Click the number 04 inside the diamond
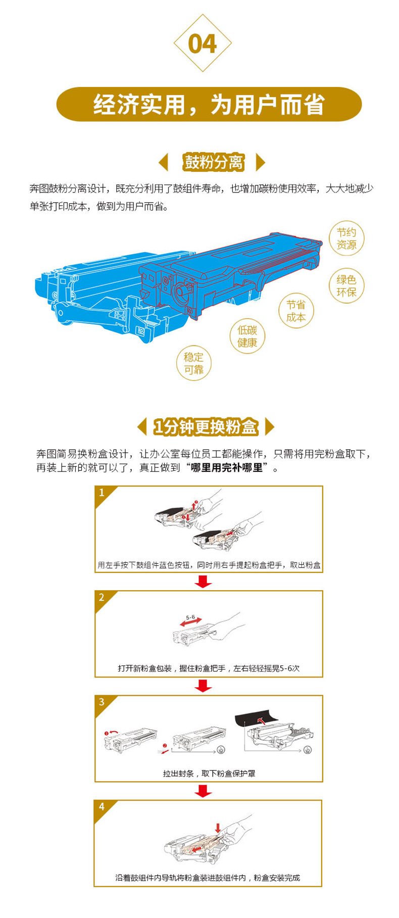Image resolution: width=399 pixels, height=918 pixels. (x=202, y=44)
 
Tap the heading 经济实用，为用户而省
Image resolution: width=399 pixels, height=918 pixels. (x=209, y=105)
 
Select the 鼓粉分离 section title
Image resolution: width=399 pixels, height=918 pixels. (x=214, y=162)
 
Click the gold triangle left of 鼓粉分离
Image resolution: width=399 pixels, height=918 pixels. (x=163, y=162)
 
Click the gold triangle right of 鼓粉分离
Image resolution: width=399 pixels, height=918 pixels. (x=261, y=162)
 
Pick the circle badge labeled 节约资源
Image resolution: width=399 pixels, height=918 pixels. (x=346, y=238)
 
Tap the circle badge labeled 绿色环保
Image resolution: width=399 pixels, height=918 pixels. (x=346, y=286)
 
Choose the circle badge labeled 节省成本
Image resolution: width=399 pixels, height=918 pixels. (x=296, y=311)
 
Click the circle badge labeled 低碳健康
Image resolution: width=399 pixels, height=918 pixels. (x=247, y=336)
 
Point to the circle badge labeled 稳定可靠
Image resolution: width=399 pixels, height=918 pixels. (x=193, y=363)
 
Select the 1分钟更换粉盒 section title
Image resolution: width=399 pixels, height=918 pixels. (x=206, y=427)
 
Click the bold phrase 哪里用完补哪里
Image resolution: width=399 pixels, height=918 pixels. (x=227, y=468)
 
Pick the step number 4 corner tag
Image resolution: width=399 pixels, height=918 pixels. (x=103, y=807)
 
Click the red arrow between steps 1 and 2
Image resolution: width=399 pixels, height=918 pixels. (x=203, y=582)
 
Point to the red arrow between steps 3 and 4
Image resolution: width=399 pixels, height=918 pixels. (x=203, y=791)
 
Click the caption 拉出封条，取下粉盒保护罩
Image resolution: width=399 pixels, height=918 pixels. (x=209, y=773)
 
